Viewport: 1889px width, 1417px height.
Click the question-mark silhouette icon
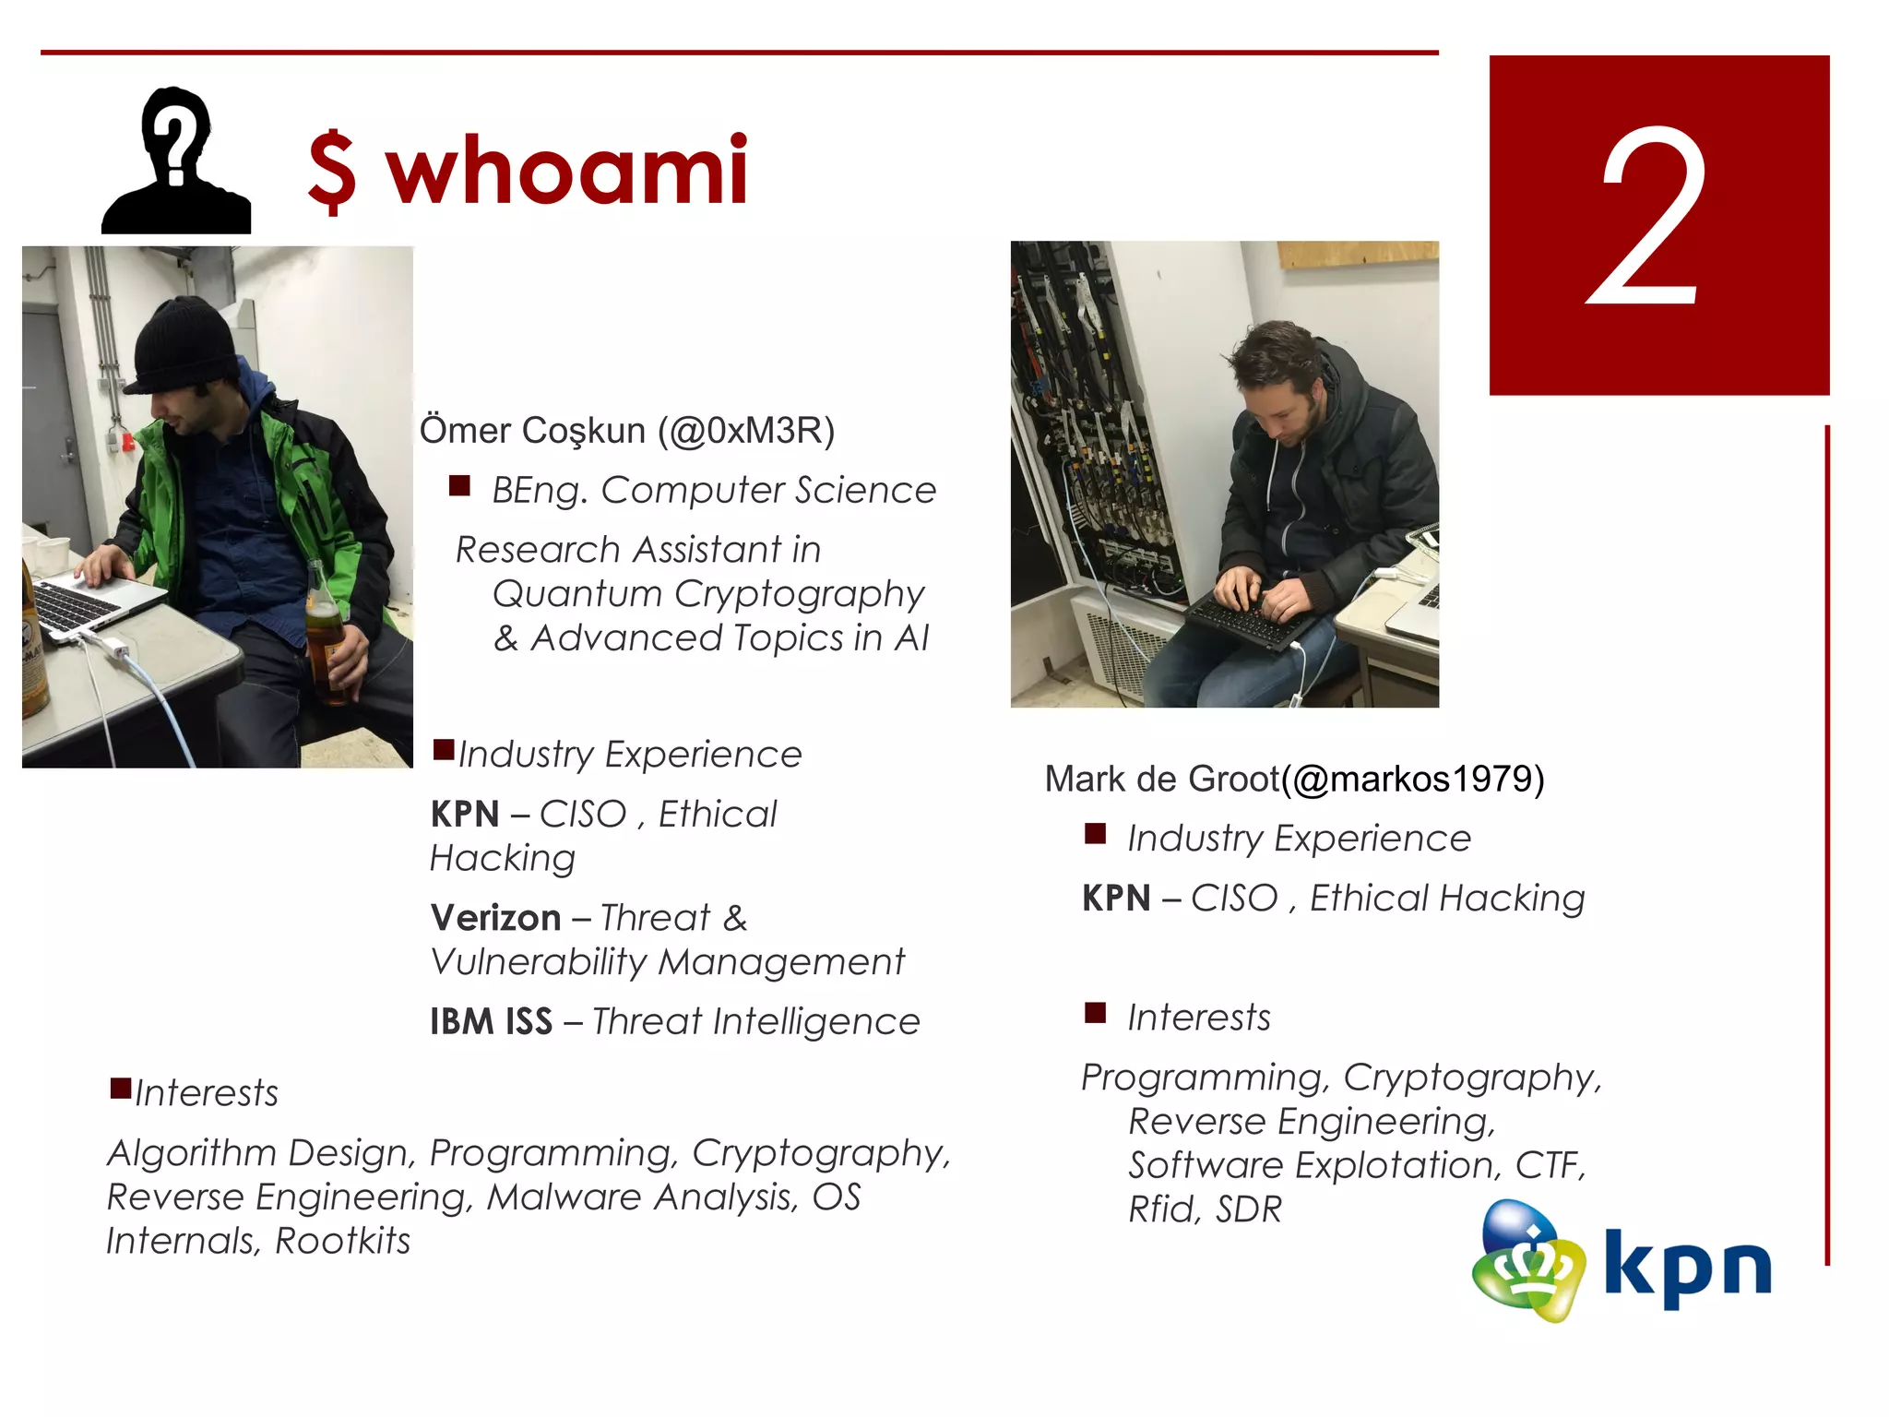(175, 161)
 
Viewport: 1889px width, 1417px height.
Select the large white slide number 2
(1649, 220)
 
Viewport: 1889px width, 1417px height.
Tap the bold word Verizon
(496, 918)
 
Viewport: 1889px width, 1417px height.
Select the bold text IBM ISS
(491, 1022)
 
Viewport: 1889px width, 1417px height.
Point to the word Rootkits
(343, 1241)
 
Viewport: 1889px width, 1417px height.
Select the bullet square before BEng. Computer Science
(459, 486)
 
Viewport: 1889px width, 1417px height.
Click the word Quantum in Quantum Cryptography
(577, 594)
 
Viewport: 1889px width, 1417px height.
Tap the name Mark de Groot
(1162, 780)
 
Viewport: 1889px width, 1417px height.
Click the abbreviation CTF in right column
(1550, 1165)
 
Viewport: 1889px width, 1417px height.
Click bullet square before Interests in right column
(1095, 1013)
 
